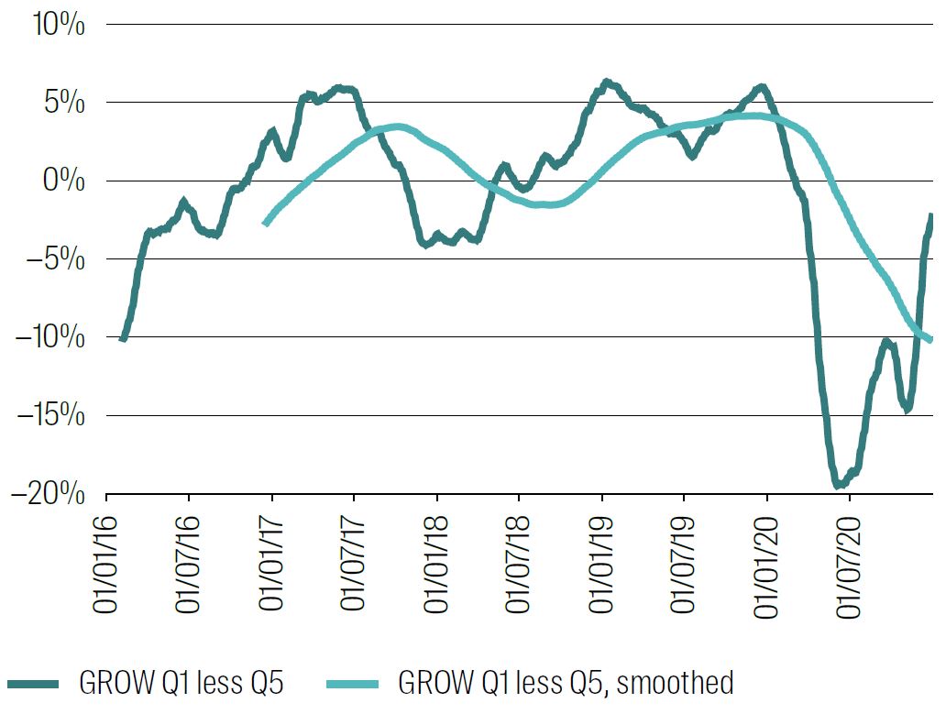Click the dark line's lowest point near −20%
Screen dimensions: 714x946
[838, 485]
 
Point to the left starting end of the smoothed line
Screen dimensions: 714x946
[266, 223]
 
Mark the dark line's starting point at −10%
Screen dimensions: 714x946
[123, 339]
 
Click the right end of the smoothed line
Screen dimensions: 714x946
[931, 340]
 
